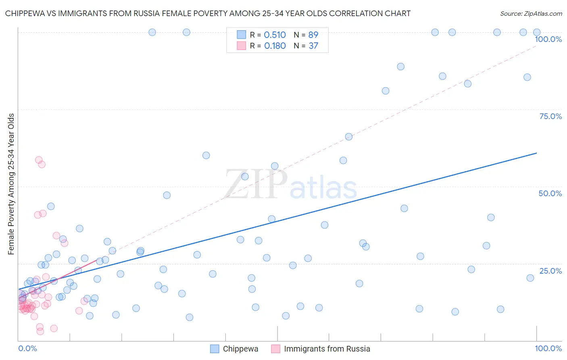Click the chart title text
(x=208, y=13)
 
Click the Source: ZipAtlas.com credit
(x=531, y=13)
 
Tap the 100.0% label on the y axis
(x=548, y=39)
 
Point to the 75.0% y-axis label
(x=550, y=116)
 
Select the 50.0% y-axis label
(x=550, y=193)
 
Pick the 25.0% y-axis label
(x=550, y=270)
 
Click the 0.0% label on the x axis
(x=27, y=348)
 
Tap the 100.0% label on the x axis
(x=548, y=348)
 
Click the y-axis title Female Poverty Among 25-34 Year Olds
(x=11, y=184)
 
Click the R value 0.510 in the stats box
(x=275, y=35)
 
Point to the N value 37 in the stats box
(x=313, y=46)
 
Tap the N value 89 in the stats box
(x=313, y=35)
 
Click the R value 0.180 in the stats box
(x=275, y=46)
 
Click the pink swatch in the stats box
(x=241, y=46)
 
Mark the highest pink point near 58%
(x=39, y=160)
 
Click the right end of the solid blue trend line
(x=537, y=153)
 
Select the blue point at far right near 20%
(x=530, y=278)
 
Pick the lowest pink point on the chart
(x=40, y=331)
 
